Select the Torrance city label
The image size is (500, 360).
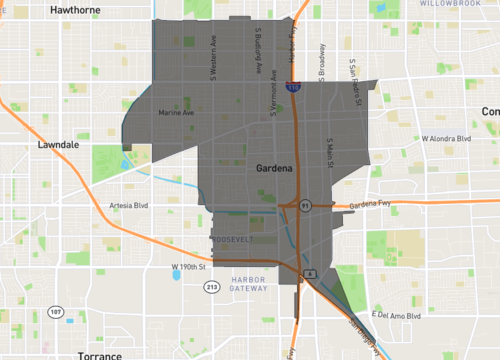(x=100, y=354)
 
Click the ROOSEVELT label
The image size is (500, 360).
(x=235, y=240)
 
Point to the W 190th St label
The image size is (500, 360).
(x=188, y=266)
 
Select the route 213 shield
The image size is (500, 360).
(x=212, y=287)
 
